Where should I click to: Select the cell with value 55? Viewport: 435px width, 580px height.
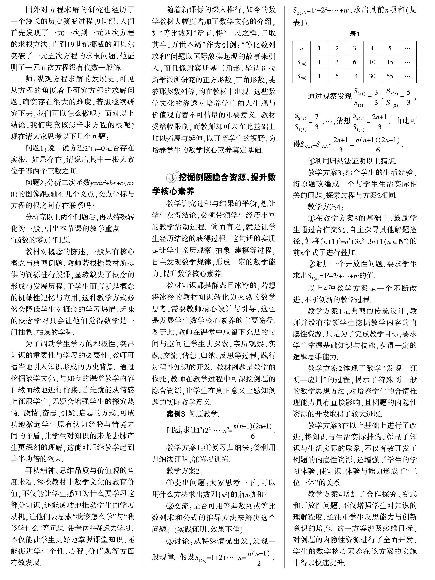(390, 76)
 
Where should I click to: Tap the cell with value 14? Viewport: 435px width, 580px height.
(354, 76)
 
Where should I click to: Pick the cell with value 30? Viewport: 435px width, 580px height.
(372, 76)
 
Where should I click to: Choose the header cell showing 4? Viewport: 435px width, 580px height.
(372, 49)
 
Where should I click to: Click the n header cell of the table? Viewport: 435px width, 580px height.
(302, 49)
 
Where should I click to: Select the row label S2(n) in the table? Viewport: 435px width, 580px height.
(302, 76)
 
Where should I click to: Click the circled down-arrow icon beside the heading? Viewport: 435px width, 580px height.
(171, 178)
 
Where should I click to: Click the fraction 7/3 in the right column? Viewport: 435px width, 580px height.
(316, 122)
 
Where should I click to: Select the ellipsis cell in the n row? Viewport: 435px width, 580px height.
(407, 49)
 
